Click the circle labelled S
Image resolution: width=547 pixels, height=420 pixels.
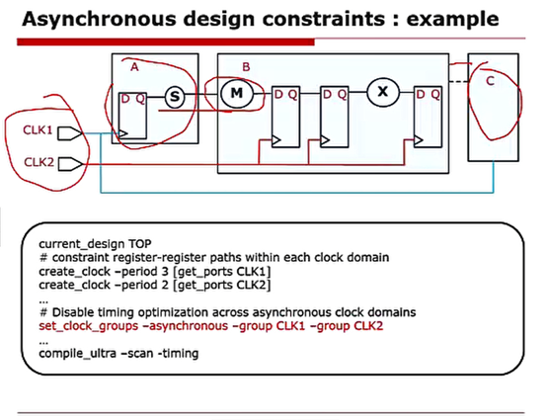[174, 96]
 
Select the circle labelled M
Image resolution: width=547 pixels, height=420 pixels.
[236, 95]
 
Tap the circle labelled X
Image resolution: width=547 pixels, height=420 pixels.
[382, 95]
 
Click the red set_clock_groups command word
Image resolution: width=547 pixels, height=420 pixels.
[83, 325]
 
